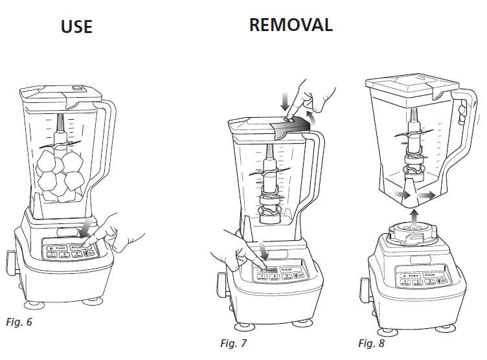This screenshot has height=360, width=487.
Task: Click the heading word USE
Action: pos(76,27)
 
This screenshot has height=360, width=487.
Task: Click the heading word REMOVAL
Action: pos(291,25)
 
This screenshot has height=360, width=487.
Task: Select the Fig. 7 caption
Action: pos(234,343)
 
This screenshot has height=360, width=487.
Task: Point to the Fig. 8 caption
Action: pos(371,343)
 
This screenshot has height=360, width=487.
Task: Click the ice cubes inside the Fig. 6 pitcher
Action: pos(60,172)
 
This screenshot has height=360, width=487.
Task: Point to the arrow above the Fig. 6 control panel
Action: pos(84,227)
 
